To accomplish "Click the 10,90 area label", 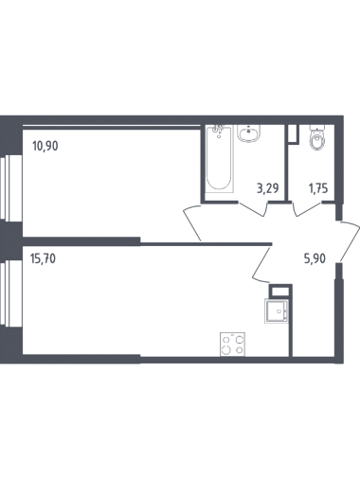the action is [45, 146].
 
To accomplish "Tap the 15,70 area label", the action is [43, 258].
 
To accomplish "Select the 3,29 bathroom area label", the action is [267, 188].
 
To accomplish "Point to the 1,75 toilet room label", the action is [318, 188].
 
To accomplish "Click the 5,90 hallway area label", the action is [315, 258].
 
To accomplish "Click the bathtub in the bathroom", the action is [219, 159].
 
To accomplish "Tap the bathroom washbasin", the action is [249, 133].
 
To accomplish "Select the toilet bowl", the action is [317, 139].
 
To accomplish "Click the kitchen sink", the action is [277, 310].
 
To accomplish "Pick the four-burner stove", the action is [232, 345].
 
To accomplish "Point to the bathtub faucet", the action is [218, 130].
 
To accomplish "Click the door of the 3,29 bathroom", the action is [253, 209].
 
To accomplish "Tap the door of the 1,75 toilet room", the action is [308, 209].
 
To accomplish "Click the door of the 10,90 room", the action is [192, 222].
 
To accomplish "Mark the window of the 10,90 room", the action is [10, 188].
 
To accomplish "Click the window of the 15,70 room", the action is [10, 293].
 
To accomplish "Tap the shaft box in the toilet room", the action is [293, 134].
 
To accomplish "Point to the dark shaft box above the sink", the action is [279, 291].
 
